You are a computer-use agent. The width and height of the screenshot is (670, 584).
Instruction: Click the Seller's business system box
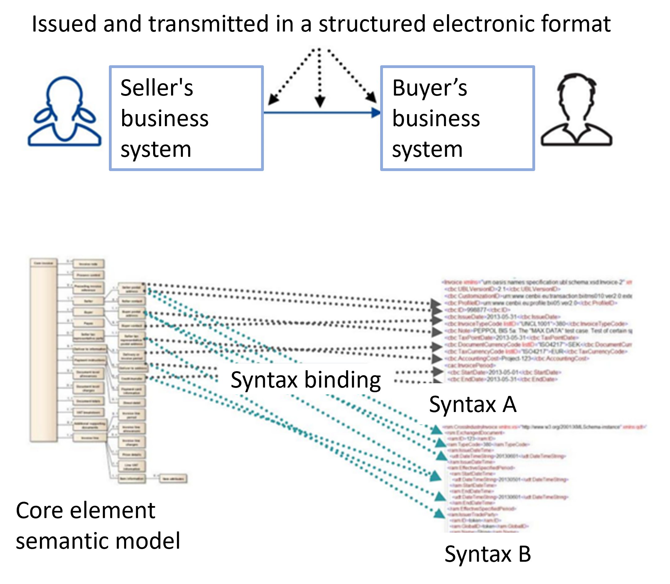(186, 118)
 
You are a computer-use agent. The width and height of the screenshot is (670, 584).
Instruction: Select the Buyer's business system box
(457, 118)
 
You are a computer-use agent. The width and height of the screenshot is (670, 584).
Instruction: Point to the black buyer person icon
(577, 110)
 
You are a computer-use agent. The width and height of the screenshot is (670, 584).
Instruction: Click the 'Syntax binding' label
(306, 380)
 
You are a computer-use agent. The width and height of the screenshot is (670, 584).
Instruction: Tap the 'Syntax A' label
(473, 404)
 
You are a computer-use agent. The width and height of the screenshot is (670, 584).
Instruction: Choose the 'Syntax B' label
(488, 554)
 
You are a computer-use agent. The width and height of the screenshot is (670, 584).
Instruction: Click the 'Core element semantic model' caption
(98, 526)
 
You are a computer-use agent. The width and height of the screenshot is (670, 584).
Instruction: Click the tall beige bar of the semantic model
(44, 350)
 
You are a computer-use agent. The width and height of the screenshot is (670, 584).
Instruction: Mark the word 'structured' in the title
(372, 24)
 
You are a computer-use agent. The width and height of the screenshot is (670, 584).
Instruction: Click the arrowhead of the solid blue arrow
(376, 113)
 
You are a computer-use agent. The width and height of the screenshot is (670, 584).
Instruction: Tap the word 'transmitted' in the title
(208, 24)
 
